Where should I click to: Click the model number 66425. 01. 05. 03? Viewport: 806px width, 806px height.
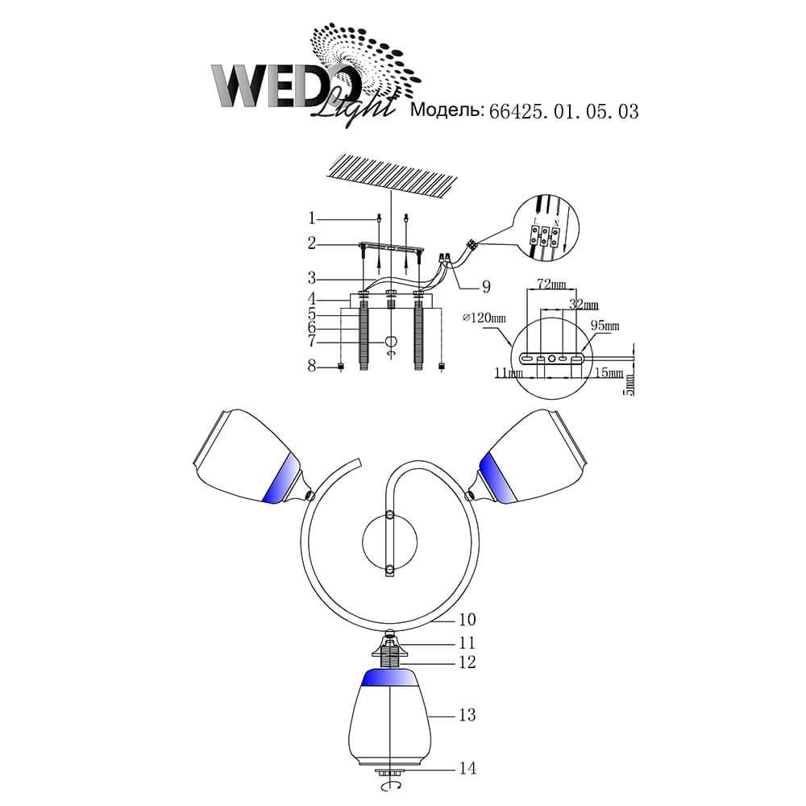pyautogui.click(x=564, y=111)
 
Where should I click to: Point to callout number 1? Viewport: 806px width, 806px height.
pyautogui.click(x=311, y=218)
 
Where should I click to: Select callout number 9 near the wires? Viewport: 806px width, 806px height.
pyautogui.click(x=486, y=287)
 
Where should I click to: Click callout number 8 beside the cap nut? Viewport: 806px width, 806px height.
pyautogui.click(x=311, y=366)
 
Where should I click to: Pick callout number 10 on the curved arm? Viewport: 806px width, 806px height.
pyautogui.click(x=467, y=619)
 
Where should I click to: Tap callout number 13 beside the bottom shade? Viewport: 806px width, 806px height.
pyautogui.click(x=467, y=714)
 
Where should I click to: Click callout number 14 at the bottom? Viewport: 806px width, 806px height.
pyautogui.click(x=467, y=768)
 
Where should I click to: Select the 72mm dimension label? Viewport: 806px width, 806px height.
pyautogui.click(x=551, y=284)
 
